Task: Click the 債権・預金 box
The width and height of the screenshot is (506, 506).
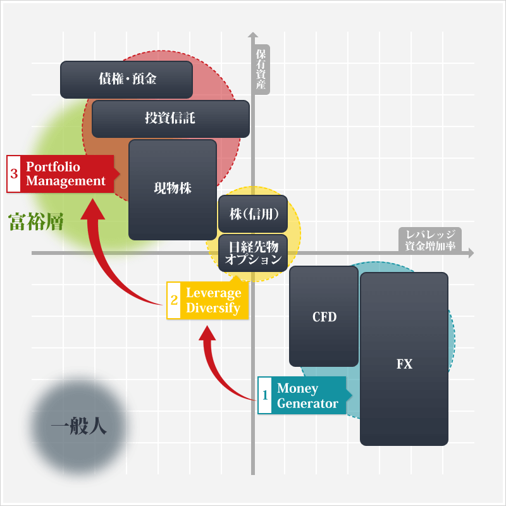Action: pos(126,79)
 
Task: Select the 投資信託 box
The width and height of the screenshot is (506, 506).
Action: pos(171,118)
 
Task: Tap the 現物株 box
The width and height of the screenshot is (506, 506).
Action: pos(173,189)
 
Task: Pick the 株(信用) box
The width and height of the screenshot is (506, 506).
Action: pos(253,214)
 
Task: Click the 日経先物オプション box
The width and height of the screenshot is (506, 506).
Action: pos(253,253)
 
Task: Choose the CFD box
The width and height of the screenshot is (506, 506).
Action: pos(324,316)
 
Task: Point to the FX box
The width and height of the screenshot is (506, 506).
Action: pos(404,359)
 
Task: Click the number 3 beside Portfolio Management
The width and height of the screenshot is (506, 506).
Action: pos(14,174)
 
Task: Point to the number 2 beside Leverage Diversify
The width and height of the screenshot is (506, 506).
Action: pos(174,300)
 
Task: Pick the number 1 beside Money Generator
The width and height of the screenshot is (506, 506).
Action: pos(265,395)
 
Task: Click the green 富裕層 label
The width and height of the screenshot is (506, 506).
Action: pos(35,221)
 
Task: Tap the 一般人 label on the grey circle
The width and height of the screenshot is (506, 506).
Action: pos(78,426)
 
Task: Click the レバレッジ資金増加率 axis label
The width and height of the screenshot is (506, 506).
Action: pos(430,240)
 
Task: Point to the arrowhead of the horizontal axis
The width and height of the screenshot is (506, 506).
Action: pos(470,253)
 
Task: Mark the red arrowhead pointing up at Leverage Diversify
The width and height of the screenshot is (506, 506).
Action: pos(207,333)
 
